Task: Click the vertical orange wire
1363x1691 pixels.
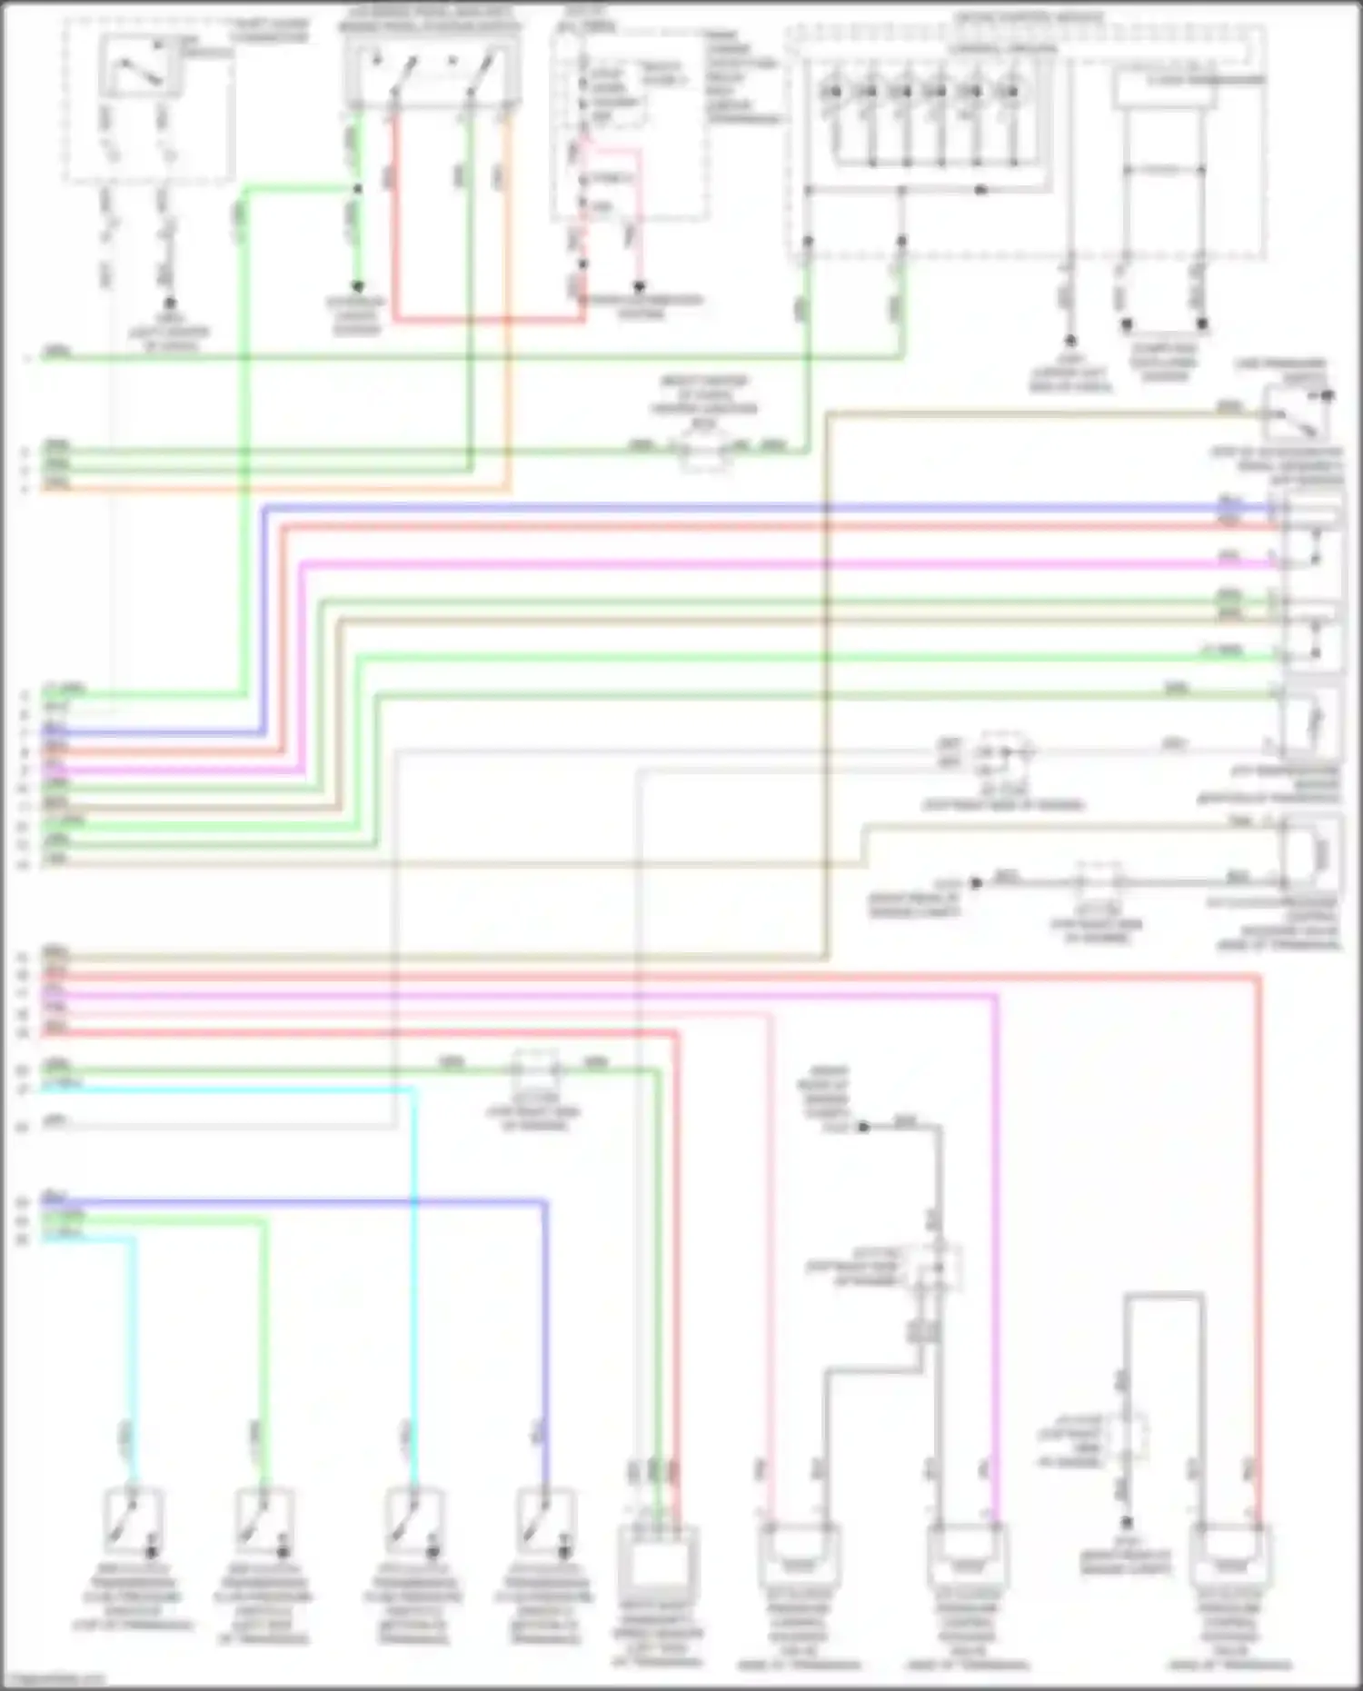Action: click(508, 300)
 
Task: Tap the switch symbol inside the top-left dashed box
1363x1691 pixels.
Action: click(142, 67)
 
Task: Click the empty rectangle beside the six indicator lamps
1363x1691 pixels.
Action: click(1163, 90)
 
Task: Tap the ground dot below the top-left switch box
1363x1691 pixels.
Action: click(169, 304)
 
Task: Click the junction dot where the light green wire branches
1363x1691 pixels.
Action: click(357, 189)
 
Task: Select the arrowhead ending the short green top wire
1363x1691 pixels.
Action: click(357, 287)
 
